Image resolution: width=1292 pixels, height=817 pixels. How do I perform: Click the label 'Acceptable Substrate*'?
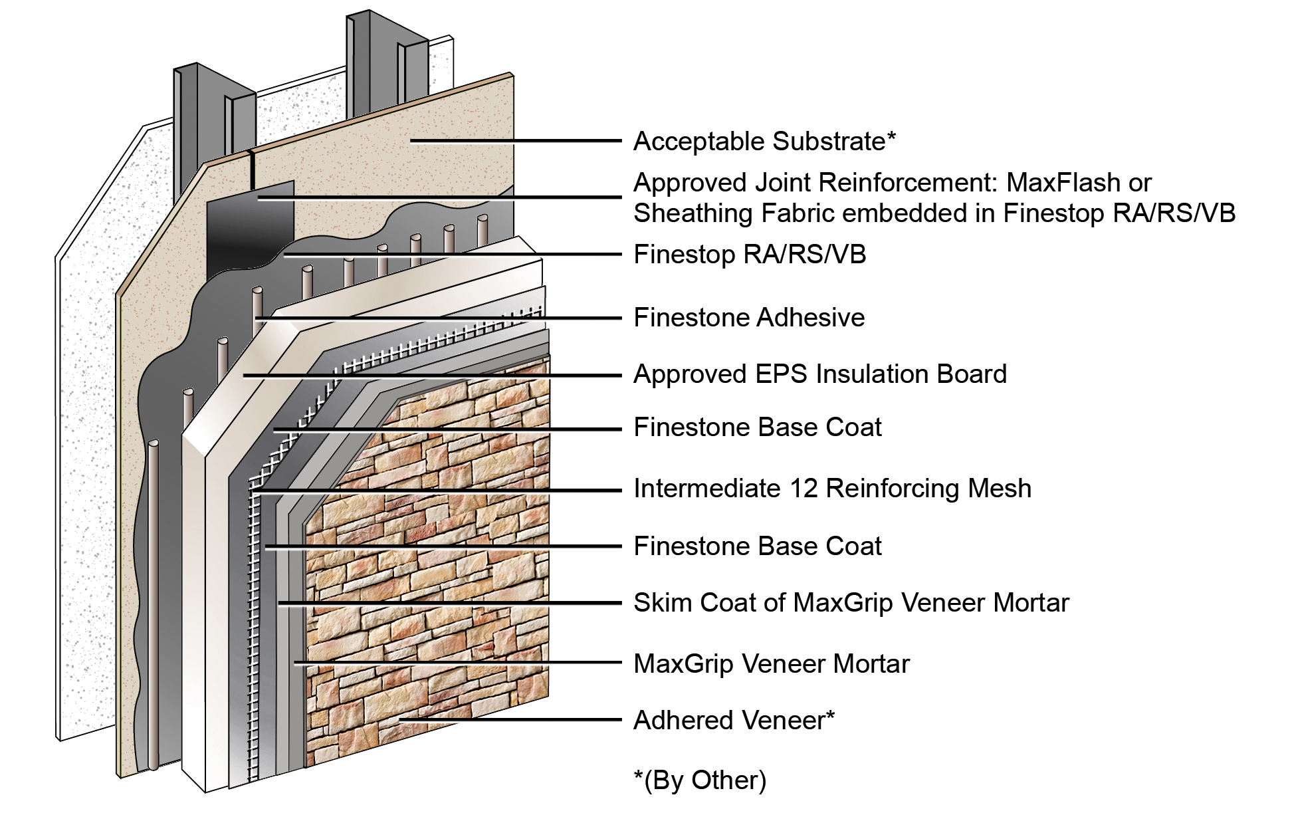click(764, 142)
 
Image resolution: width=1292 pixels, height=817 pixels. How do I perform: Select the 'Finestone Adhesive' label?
click(749, 318)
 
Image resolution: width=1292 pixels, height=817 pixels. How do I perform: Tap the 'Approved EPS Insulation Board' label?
click(819, 374)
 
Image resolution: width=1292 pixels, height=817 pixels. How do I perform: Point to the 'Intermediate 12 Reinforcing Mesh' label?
click(832, 489)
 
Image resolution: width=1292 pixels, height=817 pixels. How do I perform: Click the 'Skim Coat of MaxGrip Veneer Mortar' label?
click(851, 603)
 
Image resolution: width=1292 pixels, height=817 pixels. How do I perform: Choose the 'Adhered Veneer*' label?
click(734, 721)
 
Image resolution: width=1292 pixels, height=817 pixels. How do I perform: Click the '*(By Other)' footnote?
click(700, 780)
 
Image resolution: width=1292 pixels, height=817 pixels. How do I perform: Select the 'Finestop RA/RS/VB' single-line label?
click(750, 255)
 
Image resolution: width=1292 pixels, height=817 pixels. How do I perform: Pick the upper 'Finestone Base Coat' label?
click(757, 427)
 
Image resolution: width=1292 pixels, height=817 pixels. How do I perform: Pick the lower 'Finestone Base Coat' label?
click(757, 546)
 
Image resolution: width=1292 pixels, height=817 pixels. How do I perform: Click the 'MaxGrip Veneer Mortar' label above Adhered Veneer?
click(771, 664)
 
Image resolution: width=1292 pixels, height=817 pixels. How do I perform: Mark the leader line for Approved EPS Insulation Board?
click(432, 376)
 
